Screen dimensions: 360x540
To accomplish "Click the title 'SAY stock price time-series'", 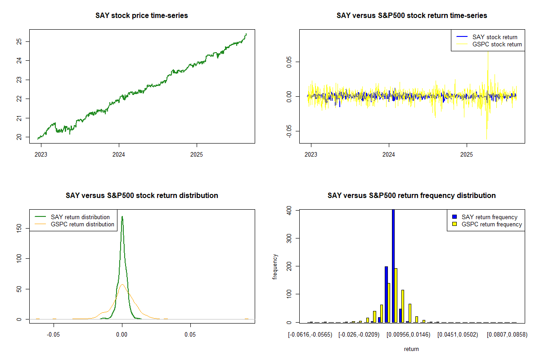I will coord(142,15).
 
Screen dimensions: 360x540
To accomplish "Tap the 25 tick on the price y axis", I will coord(19,42).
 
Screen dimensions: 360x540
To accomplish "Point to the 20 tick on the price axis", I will coord(19,137).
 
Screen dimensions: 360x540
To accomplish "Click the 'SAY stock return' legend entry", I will coord(495,37).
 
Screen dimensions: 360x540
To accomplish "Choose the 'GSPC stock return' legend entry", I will coord(497,44).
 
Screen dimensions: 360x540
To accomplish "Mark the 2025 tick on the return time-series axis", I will coord(467,154).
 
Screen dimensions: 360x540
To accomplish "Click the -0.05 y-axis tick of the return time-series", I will coord(289,131).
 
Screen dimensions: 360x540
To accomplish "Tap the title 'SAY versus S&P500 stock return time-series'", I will coord(412,15).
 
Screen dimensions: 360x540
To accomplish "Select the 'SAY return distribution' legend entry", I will coord(80,217).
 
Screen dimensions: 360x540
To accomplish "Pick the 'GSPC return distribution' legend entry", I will coord(82,224).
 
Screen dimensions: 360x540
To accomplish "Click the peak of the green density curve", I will coord(122,217).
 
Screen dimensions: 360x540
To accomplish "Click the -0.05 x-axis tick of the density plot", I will coord(54,335).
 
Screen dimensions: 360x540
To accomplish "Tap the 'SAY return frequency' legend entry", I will coord(489,217).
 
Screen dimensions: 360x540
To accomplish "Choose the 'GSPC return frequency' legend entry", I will coord(491,224).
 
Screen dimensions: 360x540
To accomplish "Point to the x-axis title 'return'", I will coord(411,349).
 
